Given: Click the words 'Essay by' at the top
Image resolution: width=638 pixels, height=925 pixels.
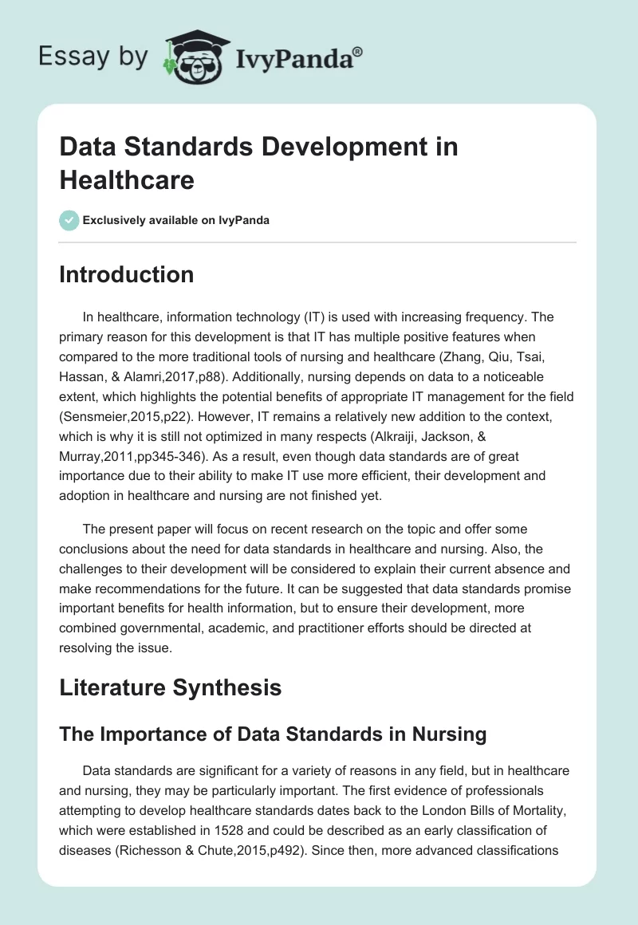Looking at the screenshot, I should (94, 57).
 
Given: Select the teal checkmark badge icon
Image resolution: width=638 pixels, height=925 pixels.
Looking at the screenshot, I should (69, 220).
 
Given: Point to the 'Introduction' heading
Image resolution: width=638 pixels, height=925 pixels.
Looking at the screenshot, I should (127, 274).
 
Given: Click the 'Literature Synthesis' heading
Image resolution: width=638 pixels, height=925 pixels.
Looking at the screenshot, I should (171, 687).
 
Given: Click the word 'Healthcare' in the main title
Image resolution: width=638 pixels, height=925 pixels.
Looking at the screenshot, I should (127, 179).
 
